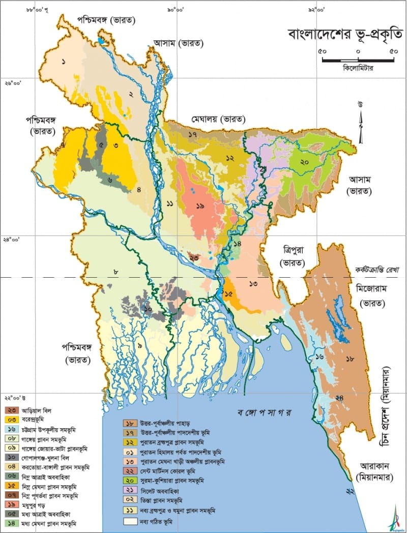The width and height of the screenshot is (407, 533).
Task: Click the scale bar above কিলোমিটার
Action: click(x=358, y=60)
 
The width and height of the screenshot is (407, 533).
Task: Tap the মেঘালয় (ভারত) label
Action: click(x=219, y=119)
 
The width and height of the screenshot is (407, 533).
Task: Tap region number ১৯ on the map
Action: click(x=200, y=206)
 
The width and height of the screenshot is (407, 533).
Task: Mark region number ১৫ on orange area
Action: click(x=228, y=293)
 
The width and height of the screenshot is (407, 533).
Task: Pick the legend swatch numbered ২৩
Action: click(x=10, y=410)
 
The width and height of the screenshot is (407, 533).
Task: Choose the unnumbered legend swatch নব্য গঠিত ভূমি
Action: click(x=129, y=521)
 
